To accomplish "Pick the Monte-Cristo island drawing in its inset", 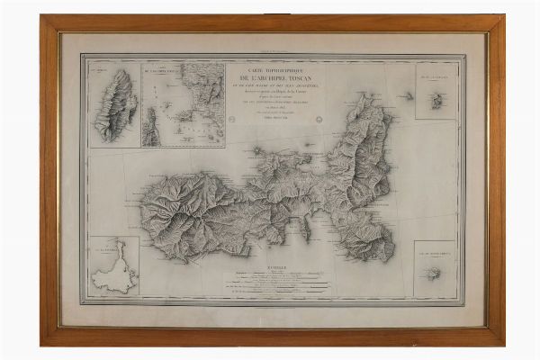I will [x=437, y=274].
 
